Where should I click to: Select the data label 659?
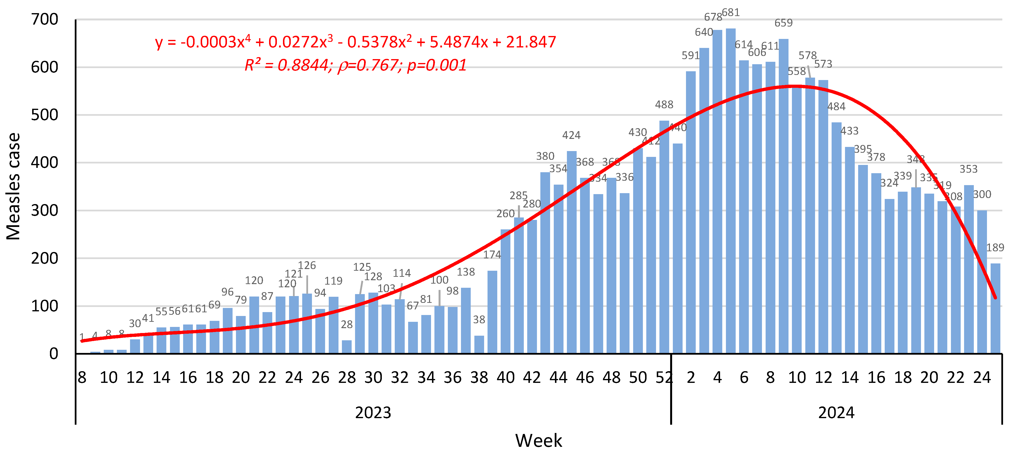point(783,23)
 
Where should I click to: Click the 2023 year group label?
point(373,413)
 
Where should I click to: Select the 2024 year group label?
point(836,413)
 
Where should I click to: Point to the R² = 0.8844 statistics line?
point(356,65)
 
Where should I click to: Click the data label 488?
point(664,105)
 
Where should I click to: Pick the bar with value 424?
point(572,252)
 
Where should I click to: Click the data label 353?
point(968,169)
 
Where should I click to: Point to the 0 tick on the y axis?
point(54,354)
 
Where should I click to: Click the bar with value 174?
point(492,312)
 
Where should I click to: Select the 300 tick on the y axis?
point(45,210)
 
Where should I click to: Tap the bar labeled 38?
point(479,344)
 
